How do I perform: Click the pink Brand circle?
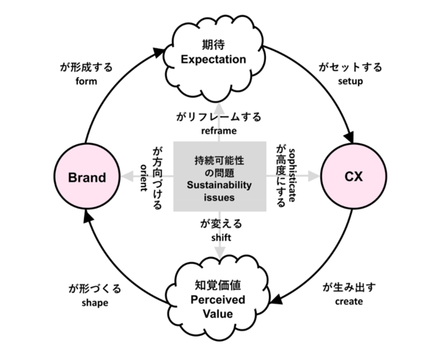click(87, 177)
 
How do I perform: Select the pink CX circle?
click(353, 177)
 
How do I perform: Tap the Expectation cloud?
click(219, 51)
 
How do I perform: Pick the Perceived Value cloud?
click(219, 299)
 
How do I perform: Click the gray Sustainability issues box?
click(219, 176)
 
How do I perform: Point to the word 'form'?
click(87, 82)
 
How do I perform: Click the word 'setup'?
click(351, 82)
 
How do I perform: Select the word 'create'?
click(351, 301)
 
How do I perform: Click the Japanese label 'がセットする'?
click(351, 68)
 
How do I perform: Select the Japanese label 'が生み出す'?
click(351, 287)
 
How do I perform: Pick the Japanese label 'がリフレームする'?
click(219, 116)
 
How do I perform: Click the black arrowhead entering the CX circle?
click(348, 137)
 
